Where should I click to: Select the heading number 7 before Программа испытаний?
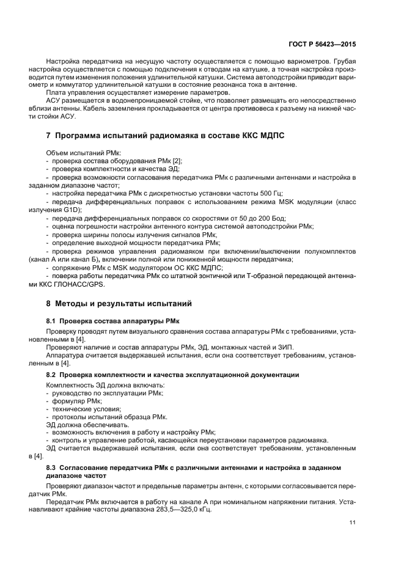[49, 134]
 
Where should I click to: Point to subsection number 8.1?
[51, 320]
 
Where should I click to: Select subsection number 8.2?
[51, 373]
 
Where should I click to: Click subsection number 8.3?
[51, 468]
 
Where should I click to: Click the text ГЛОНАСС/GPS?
[85, 284]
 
